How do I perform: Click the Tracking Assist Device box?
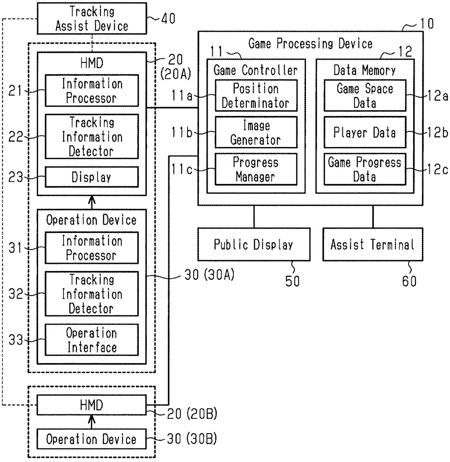coord(92,18)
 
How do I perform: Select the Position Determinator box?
coord(256,96)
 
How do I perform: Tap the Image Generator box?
coord(256,132)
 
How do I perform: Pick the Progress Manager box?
coord(256,169)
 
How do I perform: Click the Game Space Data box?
coord(365,96)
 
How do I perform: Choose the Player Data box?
coord(365,132)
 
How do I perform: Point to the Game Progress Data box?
coord(365,169)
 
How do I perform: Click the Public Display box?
coord(254,244)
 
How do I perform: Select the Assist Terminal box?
coord(372,244)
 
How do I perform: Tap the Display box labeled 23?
coord(92,177)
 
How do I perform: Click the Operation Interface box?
coord(92,340)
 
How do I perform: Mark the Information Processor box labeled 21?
coord(92,91)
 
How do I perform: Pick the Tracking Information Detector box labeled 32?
coord(92,294)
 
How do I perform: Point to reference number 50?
coord(292,281)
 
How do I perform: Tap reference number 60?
coord(409,281)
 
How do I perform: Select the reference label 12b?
coord(438,132)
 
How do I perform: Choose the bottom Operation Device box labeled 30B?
coord(91,439)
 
